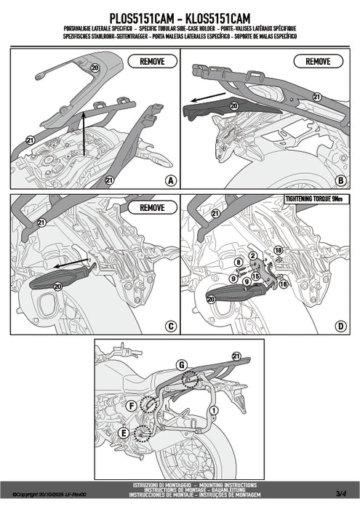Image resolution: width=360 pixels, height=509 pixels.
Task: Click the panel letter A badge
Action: tap(169, 180)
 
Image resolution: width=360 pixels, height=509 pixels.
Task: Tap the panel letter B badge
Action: tap(340, 180)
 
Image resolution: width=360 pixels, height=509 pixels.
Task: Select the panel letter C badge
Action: tap(169, 326)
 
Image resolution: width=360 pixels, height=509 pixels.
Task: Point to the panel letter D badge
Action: tap(340, 326)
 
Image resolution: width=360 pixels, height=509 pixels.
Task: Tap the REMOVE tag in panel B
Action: tap(318, 63)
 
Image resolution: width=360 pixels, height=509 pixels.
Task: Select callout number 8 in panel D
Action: tap(238, 260)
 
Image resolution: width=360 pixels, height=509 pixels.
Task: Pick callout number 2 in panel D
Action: tap(252, 255)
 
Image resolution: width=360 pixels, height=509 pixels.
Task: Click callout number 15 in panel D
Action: tap(257, 277)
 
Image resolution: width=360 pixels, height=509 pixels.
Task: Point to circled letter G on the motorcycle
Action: tap(181, 364)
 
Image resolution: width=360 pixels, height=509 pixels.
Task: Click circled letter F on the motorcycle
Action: tap(132, 404)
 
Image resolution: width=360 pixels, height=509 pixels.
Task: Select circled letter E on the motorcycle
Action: tap(123, 434)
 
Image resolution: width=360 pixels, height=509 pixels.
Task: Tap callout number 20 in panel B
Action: tap(233, 105)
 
